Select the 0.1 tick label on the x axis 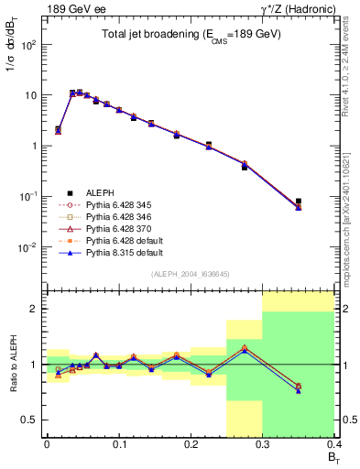point(118,447)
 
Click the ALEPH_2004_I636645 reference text point(191,274)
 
